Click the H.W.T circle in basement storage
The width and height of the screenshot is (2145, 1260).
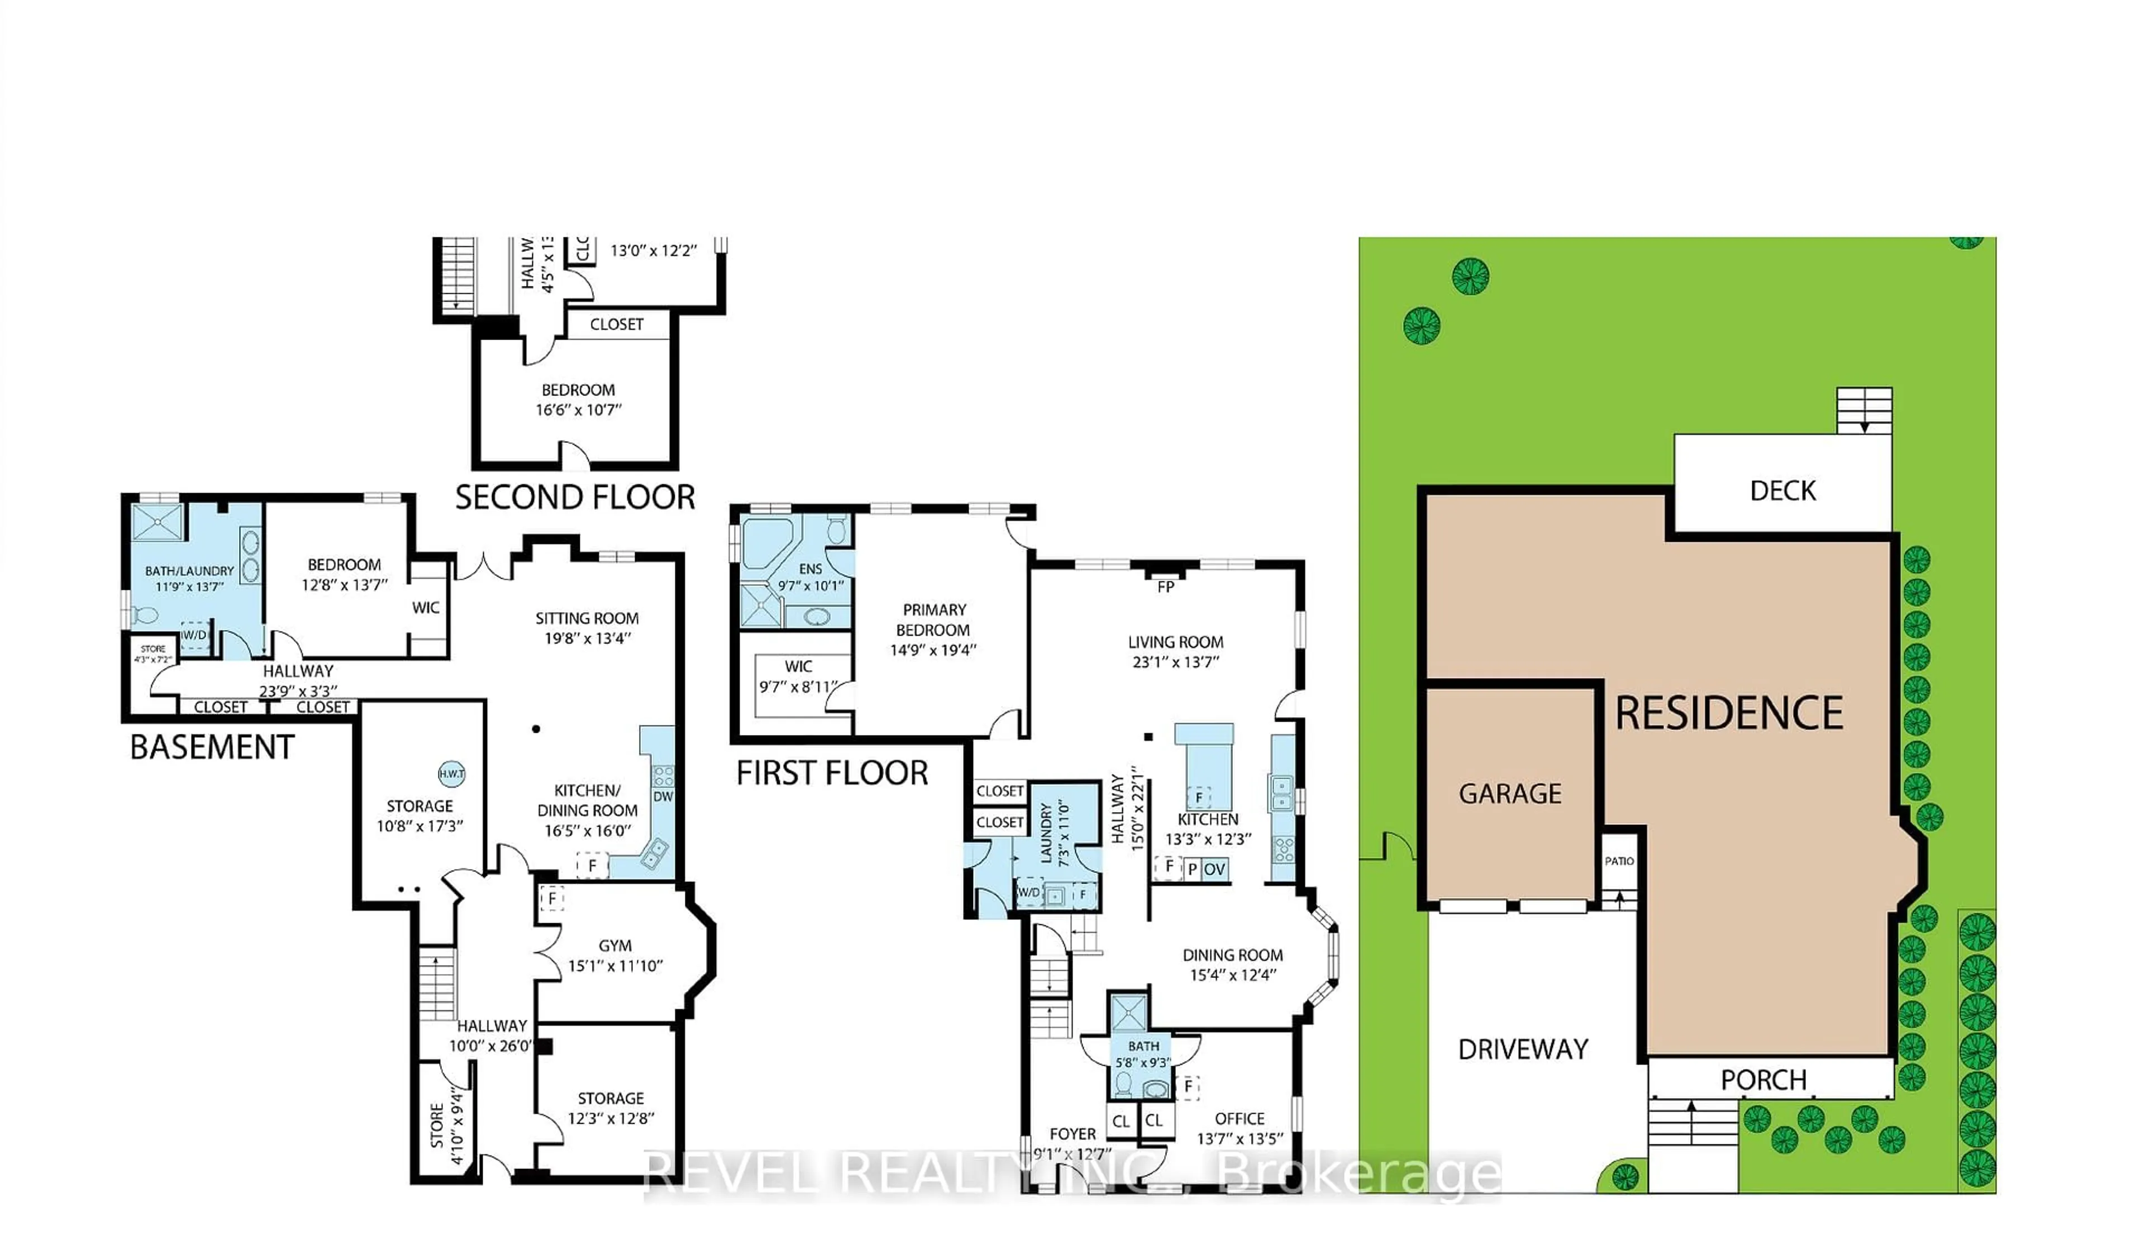coord(451,774)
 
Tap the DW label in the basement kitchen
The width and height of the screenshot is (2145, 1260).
coord(663,797)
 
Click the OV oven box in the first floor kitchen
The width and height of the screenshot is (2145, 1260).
coord(1214,869)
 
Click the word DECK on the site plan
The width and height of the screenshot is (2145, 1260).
coord(1782,491)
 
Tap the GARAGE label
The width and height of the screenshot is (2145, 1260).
coord(1510,794)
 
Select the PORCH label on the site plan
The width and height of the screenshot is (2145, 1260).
coord(1763,1080)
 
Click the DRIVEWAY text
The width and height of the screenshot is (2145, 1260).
coord(1523,1049)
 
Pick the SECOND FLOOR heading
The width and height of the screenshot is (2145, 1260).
coord(575,497)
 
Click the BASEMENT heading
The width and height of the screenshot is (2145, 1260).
coord(212,747)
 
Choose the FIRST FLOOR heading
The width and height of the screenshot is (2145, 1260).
coord(832,773)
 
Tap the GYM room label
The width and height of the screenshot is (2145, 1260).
coord(614,946)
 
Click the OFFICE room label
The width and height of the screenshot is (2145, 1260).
coord(1240,1119)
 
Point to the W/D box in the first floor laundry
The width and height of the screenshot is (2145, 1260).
coord(1029,893)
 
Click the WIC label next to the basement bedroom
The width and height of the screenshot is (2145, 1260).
coord(426,608)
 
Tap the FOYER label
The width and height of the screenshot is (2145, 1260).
coord(1072,1134)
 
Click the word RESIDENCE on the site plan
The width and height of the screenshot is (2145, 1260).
coord(1729,713)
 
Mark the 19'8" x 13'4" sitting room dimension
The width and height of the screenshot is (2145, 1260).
coord(587,638)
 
